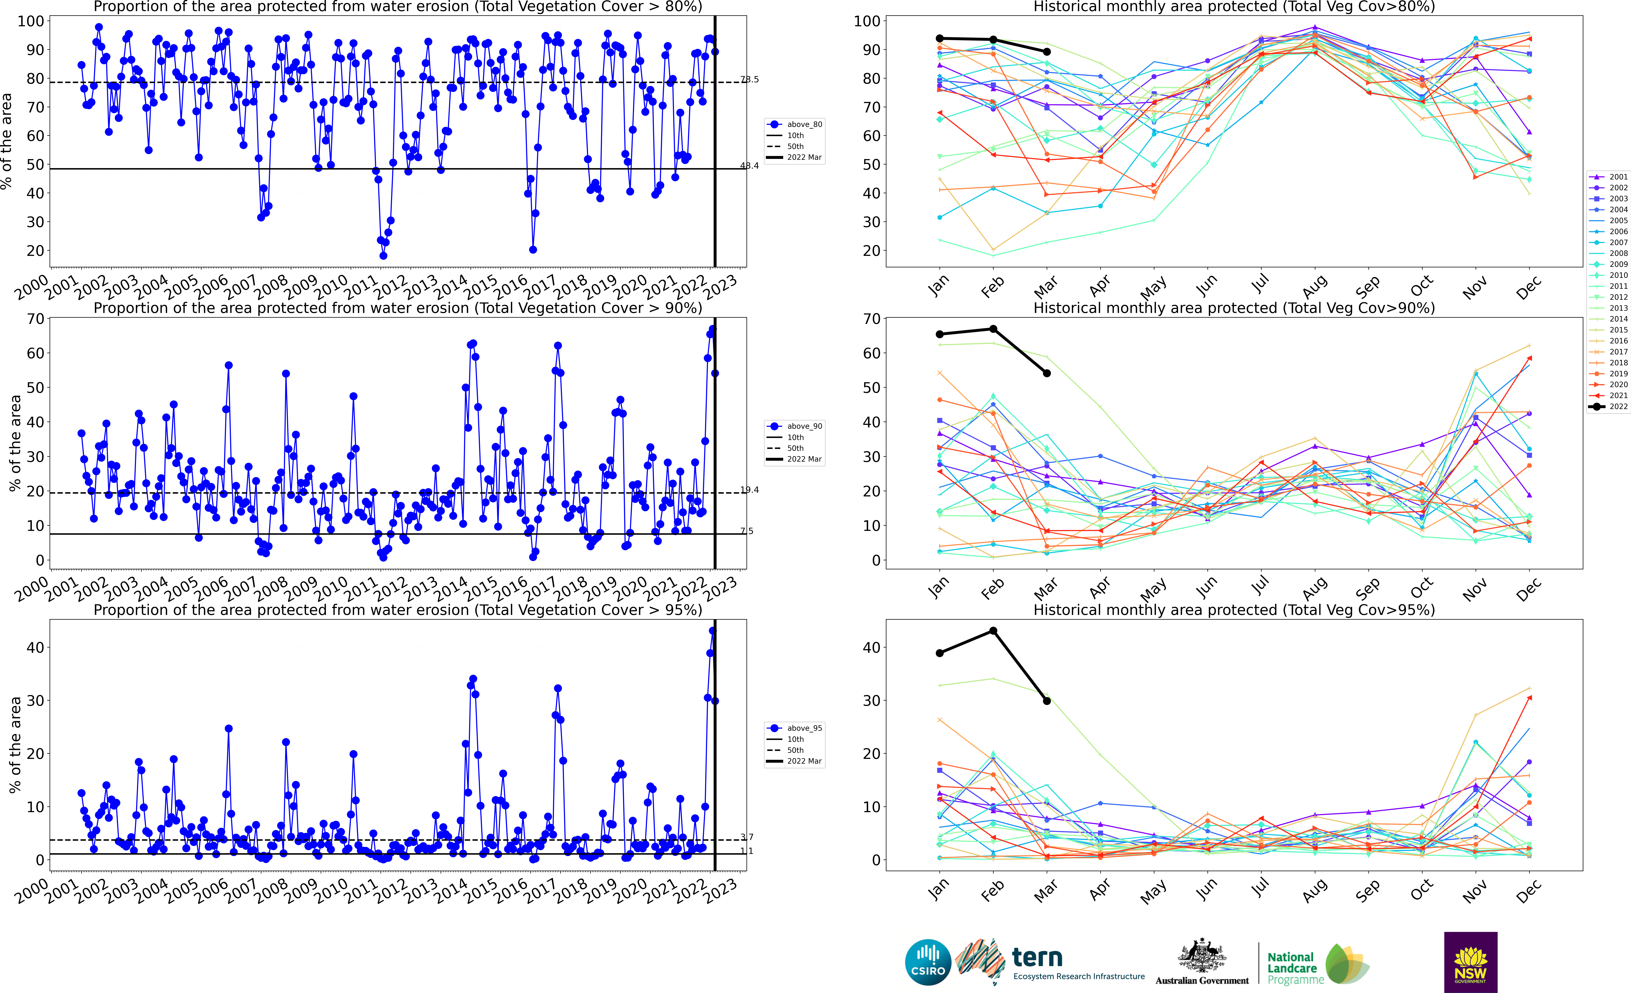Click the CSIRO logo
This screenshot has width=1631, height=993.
click(928, 962)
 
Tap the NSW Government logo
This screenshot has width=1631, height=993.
click(1470, 962)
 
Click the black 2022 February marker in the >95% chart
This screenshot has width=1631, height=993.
click(993, 631)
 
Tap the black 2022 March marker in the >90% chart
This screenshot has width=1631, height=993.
click(1046, 373)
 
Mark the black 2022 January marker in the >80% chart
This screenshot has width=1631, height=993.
click(939, 38)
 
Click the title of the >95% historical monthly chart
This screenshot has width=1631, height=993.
click(1234, 610)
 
